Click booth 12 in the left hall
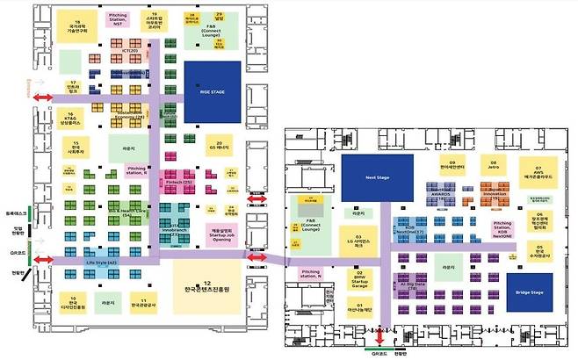pyautogui.click(x=210, y=285)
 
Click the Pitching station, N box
pyautogui.click(x=311, y=273)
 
